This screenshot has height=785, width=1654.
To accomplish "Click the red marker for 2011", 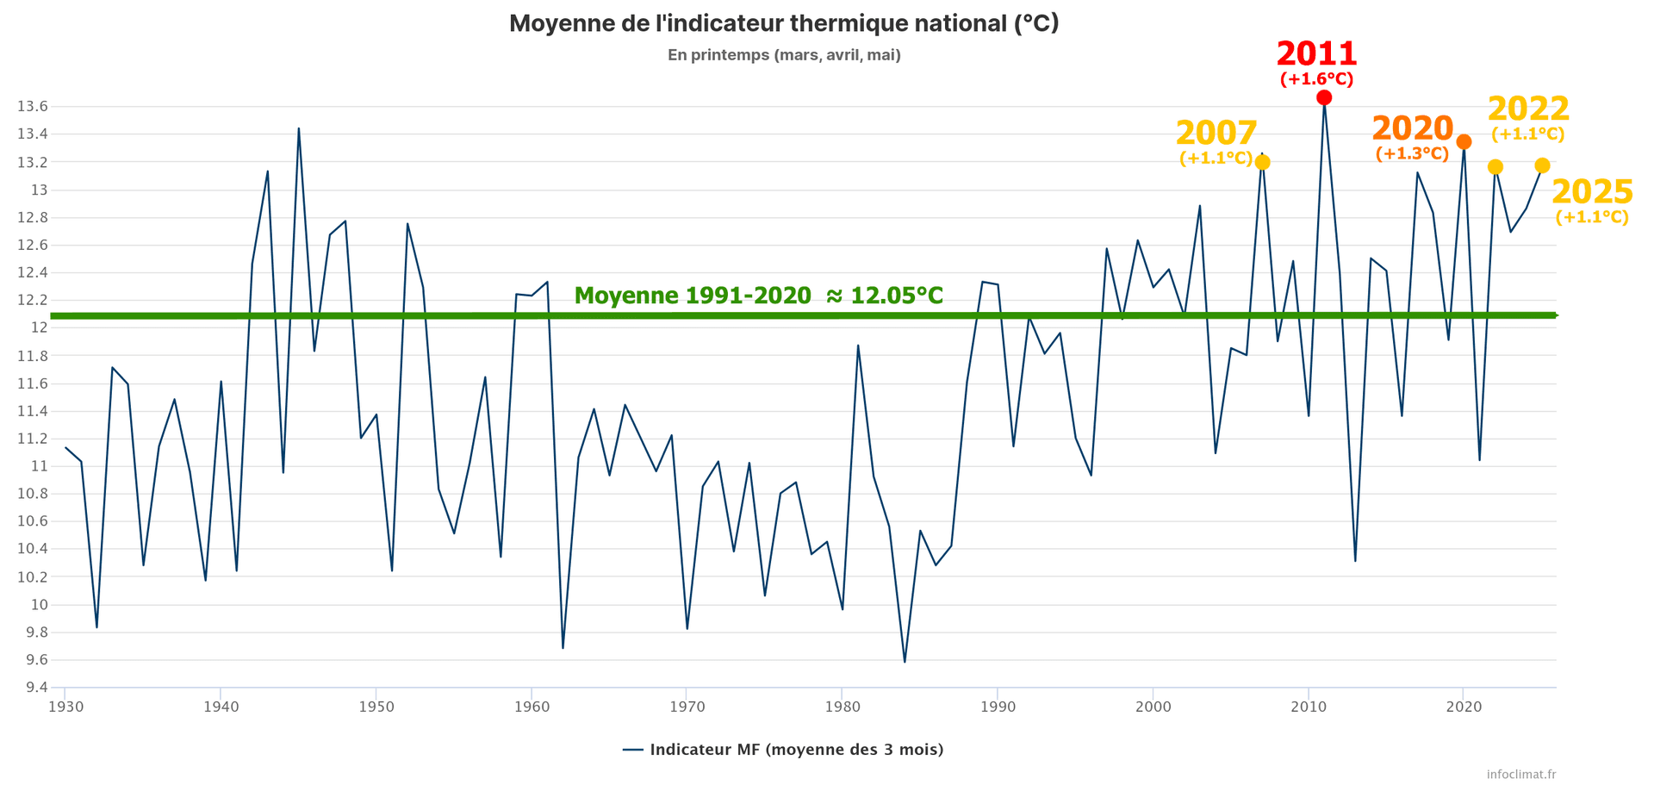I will [x=1324, y=97].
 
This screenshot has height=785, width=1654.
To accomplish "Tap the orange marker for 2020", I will [x=1464, y=141].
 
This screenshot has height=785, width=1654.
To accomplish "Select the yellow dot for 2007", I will [x=1263, y=162].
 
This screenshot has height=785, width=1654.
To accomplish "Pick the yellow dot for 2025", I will [x=1542, y=165].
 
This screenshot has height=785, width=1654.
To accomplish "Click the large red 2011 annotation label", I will [x=1316, y=54].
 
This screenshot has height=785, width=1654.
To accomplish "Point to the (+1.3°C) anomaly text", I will [x=1412, y=154].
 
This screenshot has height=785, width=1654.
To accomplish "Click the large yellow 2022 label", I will [x=1528, y=109].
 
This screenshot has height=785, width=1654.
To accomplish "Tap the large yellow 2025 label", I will [x=1592, y=192].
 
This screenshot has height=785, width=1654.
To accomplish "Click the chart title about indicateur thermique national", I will [x=784, y=23].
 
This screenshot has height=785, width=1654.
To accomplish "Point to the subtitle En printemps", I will [x=784, y=55].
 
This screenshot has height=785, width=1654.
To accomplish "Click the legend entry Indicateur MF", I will [x=784, y=750].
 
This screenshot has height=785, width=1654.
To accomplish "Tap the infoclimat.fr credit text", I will [x=1521, y=775].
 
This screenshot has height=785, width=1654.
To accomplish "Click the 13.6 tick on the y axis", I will [x=32, y=107].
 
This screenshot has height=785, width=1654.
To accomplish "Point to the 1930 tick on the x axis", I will [x=65, y=707].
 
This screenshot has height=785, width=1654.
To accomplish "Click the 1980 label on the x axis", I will [x=842, y=707].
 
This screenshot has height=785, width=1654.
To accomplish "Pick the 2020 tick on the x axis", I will [x=1463, y=707].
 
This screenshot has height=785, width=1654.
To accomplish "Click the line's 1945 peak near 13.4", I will [x=299, y=128].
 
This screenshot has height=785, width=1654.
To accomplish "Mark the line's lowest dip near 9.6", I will [x=905, y=662].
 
